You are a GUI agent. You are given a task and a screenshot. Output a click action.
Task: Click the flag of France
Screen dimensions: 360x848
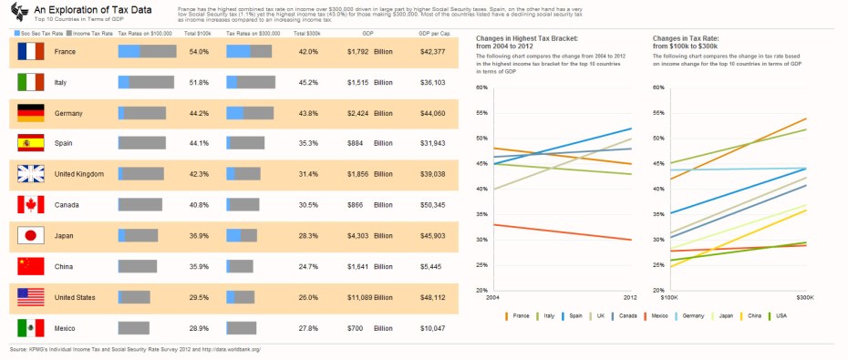(31, 52)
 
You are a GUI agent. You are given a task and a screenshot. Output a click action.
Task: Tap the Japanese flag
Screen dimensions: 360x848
(31, 236)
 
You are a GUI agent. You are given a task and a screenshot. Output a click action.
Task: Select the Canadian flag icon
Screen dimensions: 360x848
(31, 205)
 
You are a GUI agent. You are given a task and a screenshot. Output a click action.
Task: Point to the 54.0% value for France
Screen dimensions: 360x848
(198, 52)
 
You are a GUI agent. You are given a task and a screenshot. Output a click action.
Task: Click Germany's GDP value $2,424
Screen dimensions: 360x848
(357, 113)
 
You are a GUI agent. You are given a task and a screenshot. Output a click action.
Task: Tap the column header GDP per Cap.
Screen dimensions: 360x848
(433, 32)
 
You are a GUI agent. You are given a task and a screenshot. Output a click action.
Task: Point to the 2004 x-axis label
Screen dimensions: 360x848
(493, 297)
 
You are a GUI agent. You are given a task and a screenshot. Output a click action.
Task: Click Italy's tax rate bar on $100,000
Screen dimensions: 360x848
(146, 83)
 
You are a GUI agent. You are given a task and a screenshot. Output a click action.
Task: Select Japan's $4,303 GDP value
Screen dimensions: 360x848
(357, 236)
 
